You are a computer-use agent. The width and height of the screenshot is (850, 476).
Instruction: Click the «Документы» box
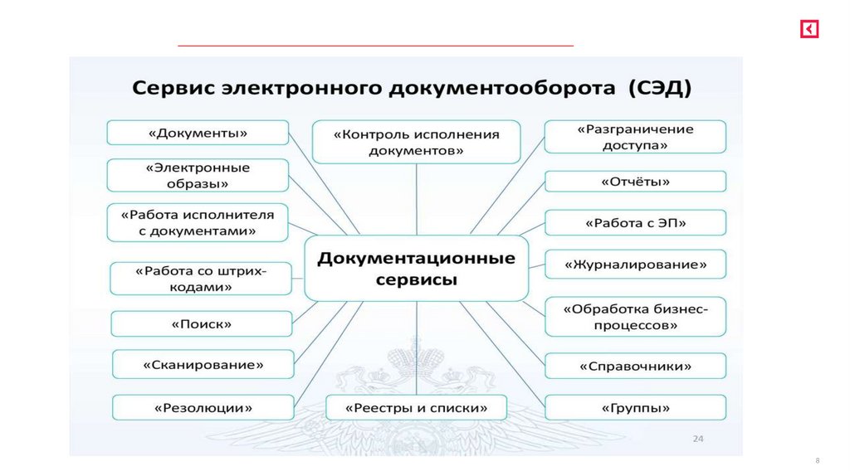(198, 133)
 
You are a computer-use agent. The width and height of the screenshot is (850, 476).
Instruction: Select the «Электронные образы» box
(198, 176)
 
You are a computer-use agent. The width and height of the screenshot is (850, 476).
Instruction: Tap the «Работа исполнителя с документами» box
(198, 222)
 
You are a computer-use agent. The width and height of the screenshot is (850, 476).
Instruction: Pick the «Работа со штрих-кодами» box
(201, 279)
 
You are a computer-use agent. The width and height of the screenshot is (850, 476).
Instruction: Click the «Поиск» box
(202, 324)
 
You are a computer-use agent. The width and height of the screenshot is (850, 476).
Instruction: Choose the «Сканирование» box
(203, 365)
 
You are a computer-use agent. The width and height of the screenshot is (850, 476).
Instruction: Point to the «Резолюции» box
(203, 408)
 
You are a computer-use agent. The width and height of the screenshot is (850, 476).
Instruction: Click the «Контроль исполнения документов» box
(416, 142)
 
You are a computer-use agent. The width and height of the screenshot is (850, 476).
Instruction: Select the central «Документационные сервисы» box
(416, 268)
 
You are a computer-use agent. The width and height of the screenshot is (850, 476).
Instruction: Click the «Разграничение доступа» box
(635, 137)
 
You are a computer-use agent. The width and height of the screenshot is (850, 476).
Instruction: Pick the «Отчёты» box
(635, 182)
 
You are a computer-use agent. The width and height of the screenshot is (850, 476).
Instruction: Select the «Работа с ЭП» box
(635, 223)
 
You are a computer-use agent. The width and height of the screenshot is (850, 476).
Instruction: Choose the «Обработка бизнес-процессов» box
(635, 317)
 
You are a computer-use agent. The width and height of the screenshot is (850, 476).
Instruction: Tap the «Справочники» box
(635, 366)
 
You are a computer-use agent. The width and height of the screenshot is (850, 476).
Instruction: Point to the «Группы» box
(635, 408)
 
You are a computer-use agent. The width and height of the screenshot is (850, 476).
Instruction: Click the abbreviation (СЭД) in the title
(660, 87)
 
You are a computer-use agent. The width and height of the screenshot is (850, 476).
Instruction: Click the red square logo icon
(809, 30)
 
